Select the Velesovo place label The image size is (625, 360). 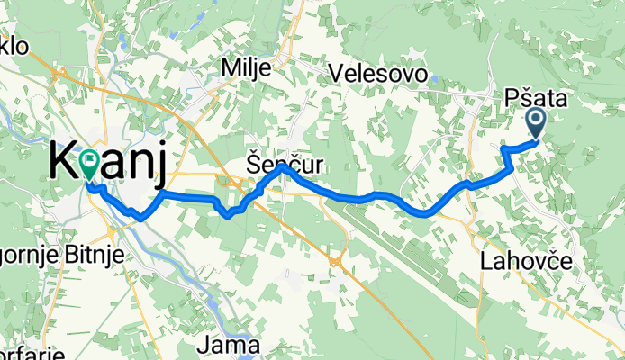(x=378, y=74)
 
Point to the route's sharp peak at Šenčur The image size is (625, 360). (x=282, y=166)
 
